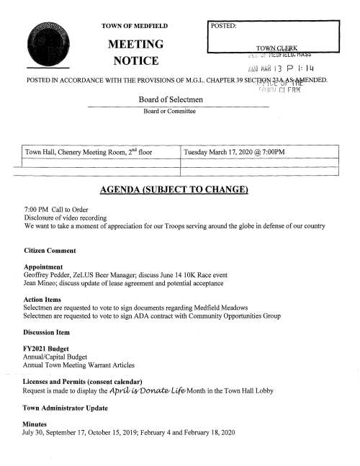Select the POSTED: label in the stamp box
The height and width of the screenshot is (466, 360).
(x=227, y=26)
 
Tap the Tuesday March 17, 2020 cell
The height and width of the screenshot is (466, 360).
(x=235, y=152)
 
